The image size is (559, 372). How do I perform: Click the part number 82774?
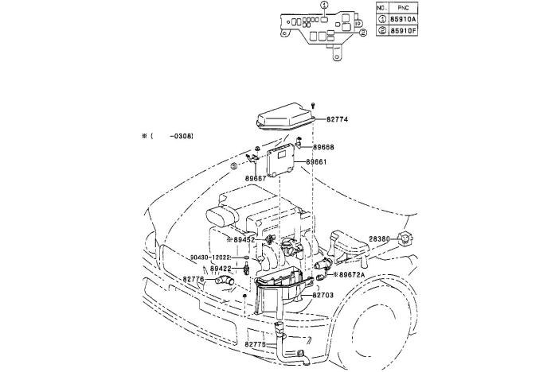[337, 119]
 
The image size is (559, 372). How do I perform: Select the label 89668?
[324, 147]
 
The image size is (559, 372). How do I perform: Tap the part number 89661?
[316, 162]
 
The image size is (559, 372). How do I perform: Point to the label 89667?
[256, 178]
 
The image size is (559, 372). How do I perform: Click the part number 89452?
[244, 240]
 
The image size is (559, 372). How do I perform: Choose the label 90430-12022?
[210, 257]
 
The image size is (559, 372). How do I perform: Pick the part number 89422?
[221, 269]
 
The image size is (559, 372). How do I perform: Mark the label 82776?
[193, 280]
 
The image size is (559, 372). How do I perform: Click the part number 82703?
[323, 295]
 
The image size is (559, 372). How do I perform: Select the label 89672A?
[352, 274]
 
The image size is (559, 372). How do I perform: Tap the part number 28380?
[379, 239]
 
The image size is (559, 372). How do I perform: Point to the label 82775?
[256, 344]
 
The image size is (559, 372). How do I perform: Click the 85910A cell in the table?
[403, 19]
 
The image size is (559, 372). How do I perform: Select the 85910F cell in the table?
[403, 30]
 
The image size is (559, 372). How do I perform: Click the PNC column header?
[403, 8]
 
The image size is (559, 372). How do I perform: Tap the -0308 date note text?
[182, 136]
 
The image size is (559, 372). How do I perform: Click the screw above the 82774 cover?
[313, 106]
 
